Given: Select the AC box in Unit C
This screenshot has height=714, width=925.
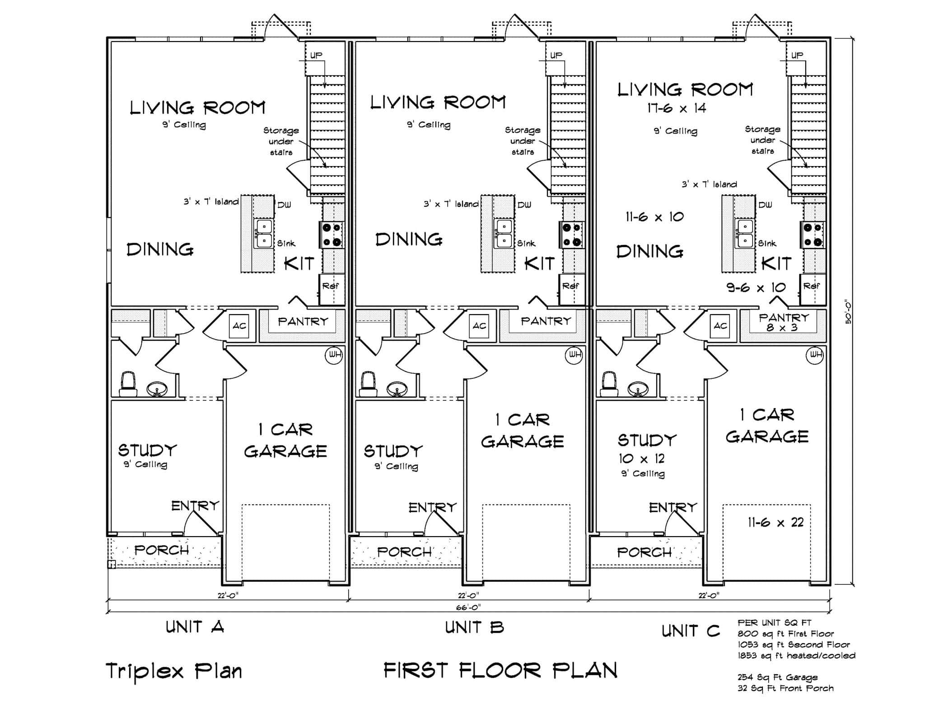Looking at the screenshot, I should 720,325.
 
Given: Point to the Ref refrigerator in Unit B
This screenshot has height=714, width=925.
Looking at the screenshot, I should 570,286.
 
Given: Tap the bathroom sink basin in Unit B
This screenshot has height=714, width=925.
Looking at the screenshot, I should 397,389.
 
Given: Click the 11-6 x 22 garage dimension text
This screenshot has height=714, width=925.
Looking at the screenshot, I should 776,523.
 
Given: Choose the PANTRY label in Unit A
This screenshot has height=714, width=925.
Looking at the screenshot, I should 303,321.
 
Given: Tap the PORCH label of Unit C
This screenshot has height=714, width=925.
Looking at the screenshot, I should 644,552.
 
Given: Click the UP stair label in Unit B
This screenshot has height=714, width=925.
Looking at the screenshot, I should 556,55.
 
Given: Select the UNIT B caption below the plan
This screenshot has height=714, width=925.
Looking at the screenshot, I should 474,627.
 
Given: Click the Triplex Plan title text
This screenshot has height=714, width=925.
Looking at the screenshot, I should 174,671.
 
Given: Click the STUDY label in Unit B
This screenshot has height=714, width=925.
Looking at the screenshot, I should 393,451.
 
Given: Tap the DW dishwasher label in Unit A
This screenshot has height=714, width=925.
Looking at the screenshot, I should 284,205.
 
